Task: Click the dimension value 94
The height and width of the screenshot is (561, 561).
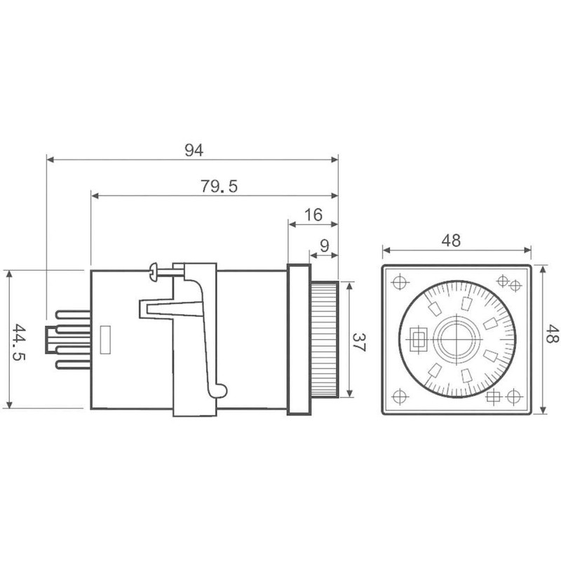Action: coord(194,149)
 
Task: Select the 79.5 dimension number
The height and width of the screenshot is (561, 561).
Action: coord(219,187)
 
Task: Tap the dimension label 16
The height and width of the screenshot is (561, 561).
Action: coord(313,215)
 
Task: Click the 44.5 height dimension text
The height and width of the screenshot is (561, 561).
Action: coord(21,339)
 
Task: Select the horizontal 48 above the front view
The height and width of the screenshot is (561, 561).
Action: coord(452,240)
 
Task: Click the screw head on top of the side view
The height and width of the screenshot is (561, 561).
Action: coord(154,270)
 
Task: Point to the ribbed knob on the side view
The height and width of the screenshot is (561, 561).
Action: coord(324,339)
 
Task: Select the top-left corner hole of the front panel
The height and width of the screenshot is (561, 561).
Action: coord(400,283)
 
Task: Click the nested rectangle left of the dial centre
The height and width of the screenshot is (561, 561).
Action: coord(419,340)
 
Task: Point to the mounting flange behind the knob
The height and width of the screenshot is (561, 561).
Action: coord(297,339)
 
